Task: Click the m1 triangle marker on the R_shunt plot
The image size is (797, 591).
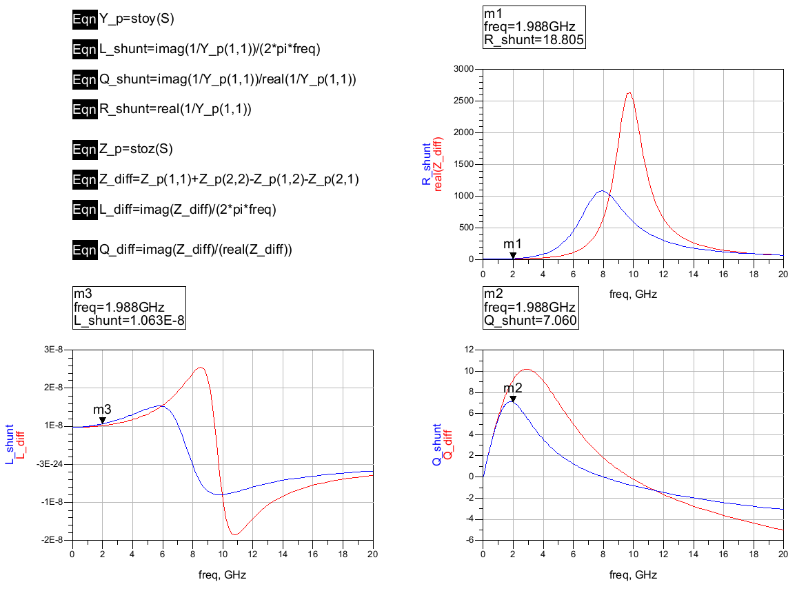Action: point(512,255)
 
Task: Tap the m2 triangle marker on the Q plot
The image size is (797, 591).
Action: point(512,398)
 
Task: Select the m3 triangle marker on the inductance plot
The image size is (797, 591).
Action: point(102,420)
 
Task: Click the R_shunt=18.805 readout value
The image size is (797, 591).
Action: point(534,40)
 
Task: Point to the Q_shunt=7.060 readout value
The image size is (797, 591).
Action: point(531,320)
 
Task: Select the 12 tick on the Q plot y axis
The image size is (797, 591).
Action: point(470,350)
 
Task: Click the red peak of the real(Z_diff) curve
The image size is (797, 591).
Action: point(629,93)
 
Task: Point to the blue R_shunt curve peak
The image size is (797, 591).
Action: point(602,191)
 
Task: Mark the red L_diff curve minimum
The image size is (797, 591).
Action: point(235,534)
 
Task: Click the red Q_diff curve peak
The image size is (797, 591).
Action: point(527,369)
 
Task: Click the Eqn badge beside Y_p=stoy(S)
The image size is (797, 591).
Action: point(84,19)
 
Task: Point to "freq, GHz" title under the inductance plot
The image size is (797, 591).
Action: point(222,574)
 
